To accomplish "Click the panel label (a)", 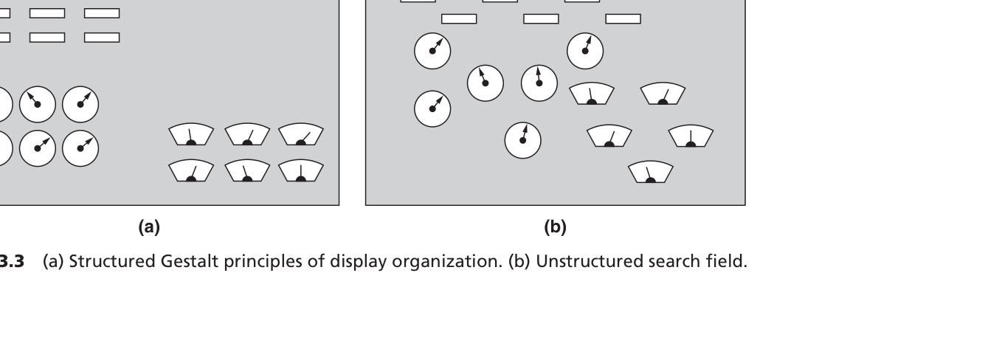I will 149,227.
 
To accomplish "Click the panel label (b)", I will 555,227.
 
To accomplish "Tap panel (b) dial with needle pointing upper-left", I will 485,83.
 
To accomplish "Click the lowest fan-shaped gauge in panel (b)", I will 651,173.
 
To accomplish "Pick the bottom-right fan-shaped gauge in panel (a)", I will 300,171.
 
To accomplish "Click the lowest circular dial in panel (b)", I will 522,139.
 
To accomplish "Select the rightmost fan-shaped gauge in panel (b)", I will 691,137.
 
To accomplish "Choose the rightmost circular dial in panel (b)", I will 585,51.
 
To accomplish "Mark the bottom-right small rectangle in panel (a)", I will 102,37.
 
